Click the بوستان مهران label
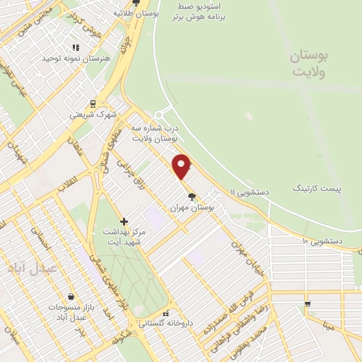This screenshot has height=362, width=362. (x=192, y=208)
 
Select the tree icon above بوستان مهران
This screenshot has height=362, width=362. (x=191, y=196)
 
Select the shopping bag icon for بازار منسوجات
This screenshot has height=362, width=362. (x=71, y=296)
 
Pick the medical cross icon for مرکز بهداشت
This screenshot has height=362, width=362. (x=124, y=221)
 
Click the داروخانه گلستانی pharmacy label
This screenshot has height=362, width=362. (x=165, y=325)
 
